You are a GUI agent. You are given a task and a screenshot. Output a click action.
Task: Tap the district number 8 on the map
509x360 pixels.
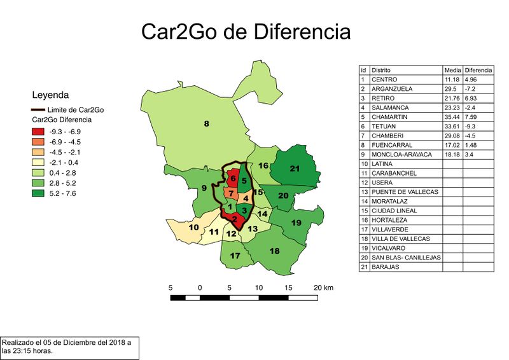click(x=206, y=123)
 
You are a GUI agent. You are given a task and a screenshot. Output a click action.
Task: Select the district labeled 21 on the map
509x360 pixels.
click(x=294, y=169)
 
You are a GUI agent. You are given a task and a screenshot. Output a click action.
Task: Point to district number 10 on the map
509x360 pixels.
click(x=194, y=227)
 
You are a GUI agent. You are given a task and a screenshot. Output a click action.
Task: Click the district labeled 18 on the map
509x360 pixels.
click(x=275, y=251)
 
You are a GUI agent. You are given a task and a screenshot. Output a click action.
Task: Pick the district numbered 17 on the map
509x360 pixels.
click(x=235, y=256)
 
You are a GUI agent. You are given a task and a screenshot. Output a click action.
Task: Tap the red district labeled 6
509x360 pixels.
click(x=233, y=179)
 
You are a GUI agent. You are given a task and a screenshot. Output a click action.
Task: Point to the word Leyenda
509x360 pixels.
click(x=50, y=96)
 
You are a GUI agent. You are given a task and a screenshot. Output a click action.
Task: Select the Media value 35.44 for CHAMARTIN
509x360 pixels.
click(x=452, y=116)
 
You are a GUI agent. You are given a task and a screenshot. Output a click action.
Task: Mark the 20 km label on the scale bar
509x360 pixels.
click(x=324, y=287)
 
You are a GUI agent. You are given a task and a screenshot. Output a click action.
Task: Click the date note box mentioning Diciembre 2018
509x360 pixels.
click(x=69, y=347)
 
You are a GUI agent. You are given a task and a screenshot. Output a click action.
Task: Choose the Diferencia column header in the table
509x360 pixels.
click(x=478, y=69)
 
